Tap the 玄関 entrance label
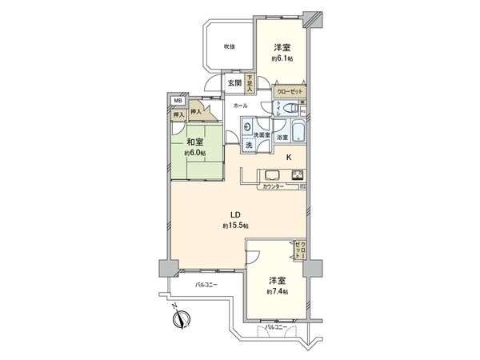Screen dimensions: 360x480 [x=233, y=82]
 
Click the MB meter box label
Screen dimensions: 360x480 [x=177, y=101]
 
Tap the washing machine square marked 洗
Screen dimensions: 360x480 [x=250, y=145]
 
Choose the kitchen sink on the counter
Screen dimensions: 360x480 [x=270, y=177]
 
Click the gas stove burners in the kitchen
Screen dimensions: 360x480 [x=297, y=177]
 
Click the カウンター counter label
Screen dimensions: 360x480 [x=274, y=187]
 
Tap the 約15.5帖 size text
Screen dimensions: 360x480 [x=235, y=226]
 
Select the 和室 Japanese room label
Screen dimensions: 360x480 [x=195, y=142]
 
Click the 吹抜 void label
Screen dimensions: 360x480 [x=230, y=46]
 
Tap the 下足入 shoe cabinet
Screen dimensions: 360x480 [x=250, y=82]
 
